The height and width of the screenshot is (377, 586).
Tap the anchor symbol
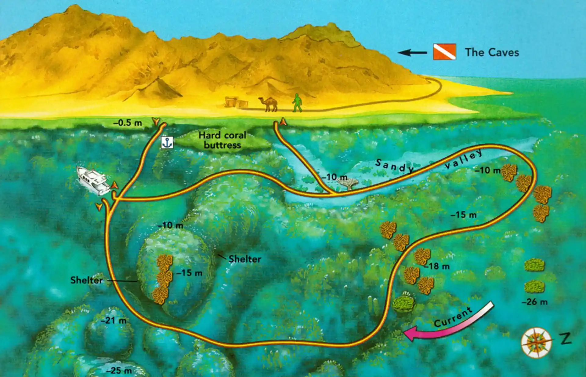tap(167, 142)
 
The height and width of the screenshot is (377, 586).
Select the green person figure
tap(297, 103)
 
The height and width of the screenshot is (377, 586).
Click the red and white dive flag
tap(444, 52)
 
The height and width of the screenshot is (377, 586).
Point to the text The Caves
tap(492, 53)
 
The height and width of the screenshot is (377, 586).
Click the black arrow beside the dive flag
tap(412, 53)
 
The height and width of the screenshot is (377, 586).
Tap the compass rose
tap(536, 342)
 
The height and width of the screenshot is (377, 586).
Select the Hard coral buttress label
tap(222, 140)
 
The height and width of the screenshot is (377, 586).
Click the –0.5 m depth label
tap(128, 123)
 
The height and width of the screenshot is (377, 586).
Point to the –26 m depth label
tap(534, 302)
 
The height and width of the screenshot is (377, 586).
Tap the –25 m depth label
tap(119, 370)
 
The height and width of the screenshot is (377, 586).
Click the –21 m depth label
tap(114, 320)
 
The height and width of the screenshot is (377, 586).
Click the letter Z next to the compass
tap(566, 339)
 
